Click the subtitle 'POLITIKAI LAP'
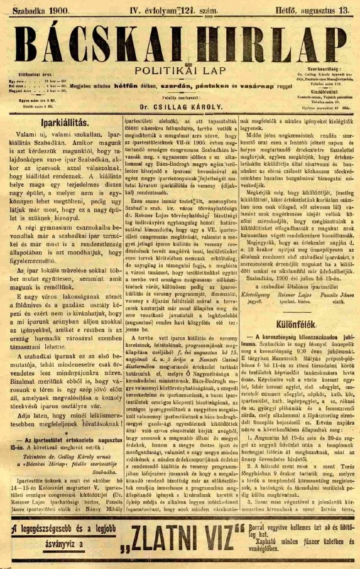pyautogui.click(x=180, y=70)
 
